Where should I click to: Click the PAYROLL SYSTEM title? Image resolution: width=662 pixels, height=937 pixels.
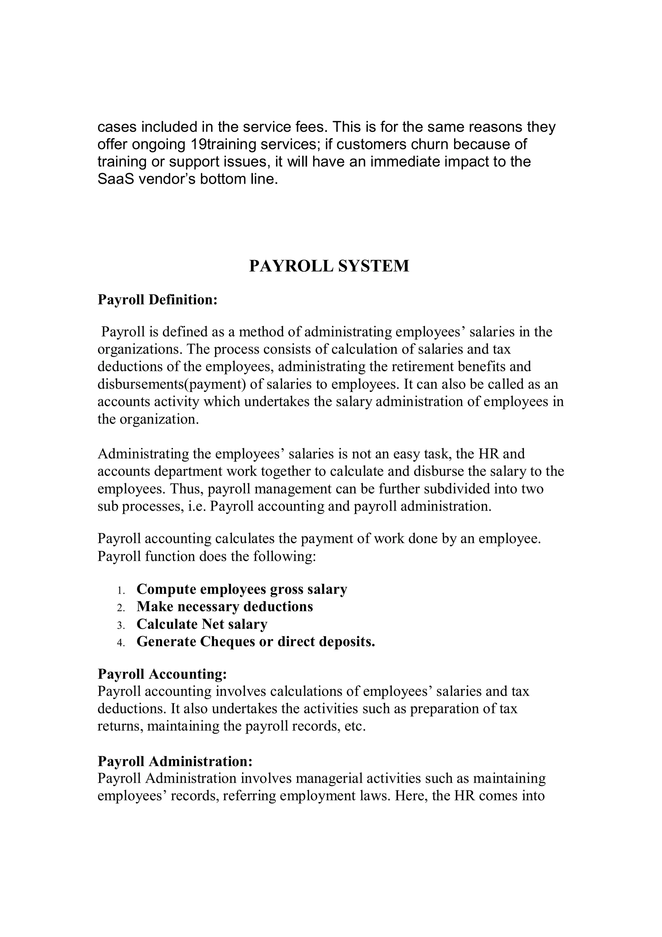tap(329, 266)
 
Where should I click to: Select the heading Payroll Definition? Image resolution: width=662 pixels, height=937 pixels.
tap(157, 299)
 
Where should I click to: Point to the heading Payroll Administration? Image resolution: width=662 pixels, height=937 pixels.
tap(175, 761)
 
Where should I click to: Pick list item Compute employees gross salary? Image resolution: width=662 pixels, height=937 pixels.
tap(241, 589)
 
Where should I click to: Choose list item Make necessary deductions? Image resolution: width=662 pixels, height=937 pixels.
tap(225, 607)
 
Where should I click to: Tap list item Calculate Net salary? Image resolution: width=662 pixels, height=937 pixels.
tap(202, 624)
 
